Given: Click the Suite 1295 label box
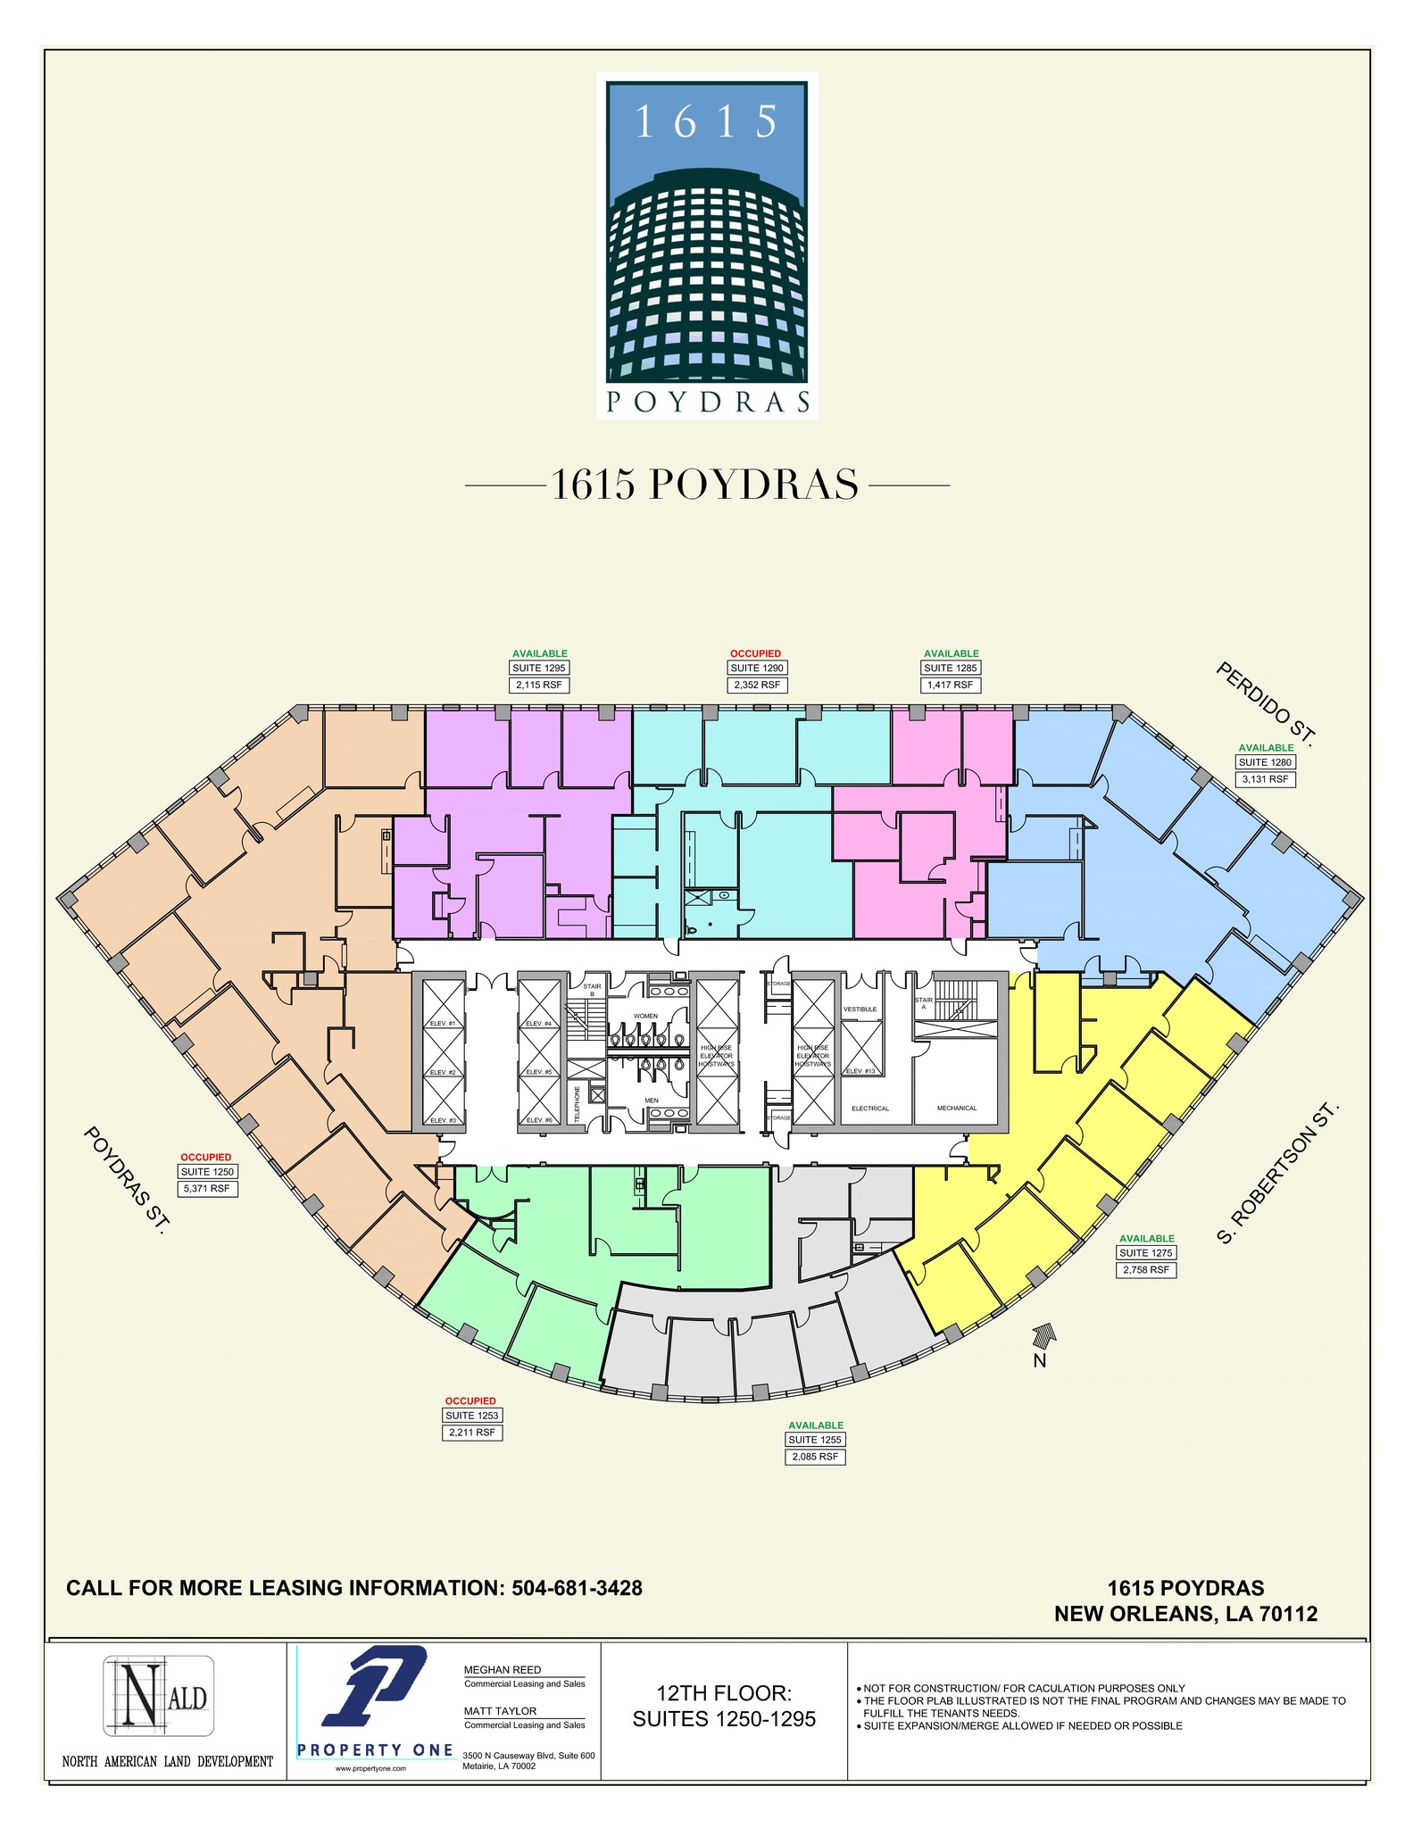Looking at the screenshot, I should pos(539,668).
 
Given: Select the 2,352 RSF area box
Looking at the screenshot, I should pos(757,685).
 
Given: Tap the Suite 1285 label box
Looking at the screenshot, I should pos(951,668).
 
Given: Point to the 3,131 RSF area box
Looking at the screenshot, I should pos(1266,779).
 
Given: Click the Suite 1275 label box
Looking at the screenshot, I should pos(1146,1252).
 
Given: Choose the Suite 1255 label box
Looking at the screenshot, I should pos(815,1440).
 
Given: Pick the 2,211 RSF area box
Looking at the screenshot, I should pos(472,1433).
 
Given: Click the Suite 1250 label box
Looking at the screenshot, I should pos(207,1172).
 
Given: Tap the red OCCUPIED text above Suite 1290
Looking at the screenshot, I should pos(756,653).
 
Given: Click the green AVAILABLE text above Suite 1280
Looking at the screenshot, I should pos(1266,748).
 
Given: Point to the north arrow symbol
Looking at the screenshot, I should pos(1043,1336).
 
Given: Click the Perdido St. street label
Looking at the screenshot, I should pos(1266,703).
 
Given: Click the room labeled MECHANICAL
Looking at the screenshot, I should pos(957,1108).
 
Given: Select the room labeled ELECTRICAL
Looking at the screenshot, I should pos(870,1109).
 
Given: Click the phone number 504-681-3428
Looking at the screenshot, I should pos(577,1588).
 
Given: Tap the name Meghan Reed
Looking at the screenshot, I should pos(503,1670).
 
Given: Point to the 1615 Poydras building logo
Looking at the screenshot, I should pos(707,246).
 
